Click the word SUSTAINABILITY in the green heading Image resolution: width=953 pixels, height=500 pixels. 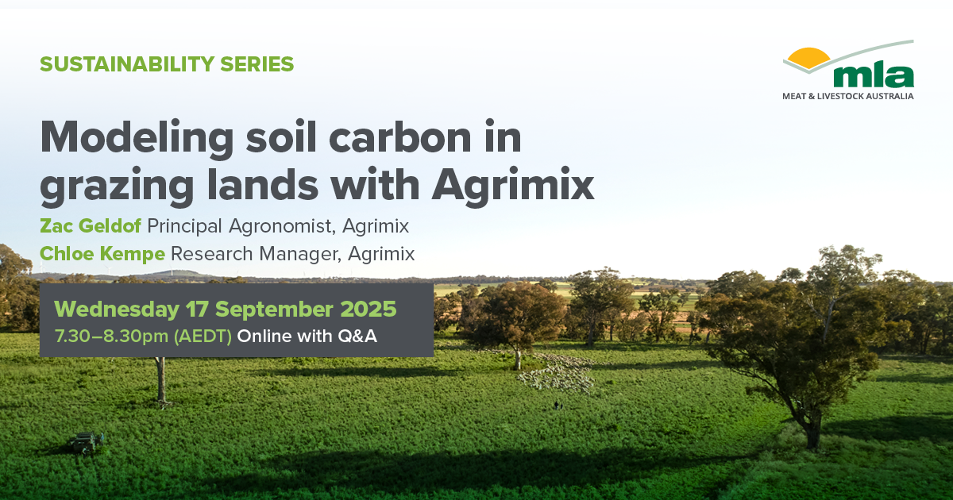point(127,64)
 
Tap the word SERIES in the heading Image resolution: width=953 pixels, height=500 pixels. point(257,64)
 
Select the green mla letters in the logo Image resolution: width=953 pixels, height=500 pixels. point(874,76)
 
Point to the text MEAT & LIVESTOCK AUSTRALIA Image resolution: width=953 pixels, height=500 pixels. point(848,96)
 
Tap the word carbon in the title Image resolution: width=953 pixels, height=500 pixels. point(400,137)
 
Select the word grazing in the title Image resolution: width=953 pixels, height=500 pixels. point(117,187)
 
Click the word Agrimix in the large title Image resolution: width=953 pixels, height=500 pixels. point(513,187)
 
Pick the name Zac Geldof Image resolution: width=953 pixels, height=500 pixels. point(91,225)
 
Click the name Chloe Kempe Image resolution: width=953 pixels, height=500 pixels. point(102,254)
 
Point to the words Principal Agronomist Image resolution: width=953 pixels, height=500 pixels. point(239,226)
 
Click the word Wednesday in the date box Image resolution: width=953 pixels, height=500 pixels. point(117,310)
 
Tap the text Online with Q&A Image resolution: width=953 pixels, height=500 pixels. point(307,337)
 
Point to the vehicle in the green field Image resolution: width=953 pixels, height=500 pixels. point(87,443)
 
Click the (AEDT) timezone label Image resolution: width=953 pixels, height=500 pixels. point(203,337)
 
